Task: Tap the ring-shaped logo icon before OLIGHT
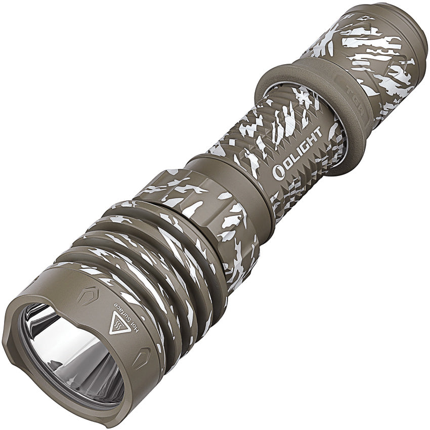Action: pyautogui.click(x=278, y=172)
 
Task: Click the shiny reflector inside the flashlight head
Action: pyautogui.click(x=71, y=349)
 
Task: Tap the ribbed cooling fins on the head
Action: pyautogui.click(x=152, y=263)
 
